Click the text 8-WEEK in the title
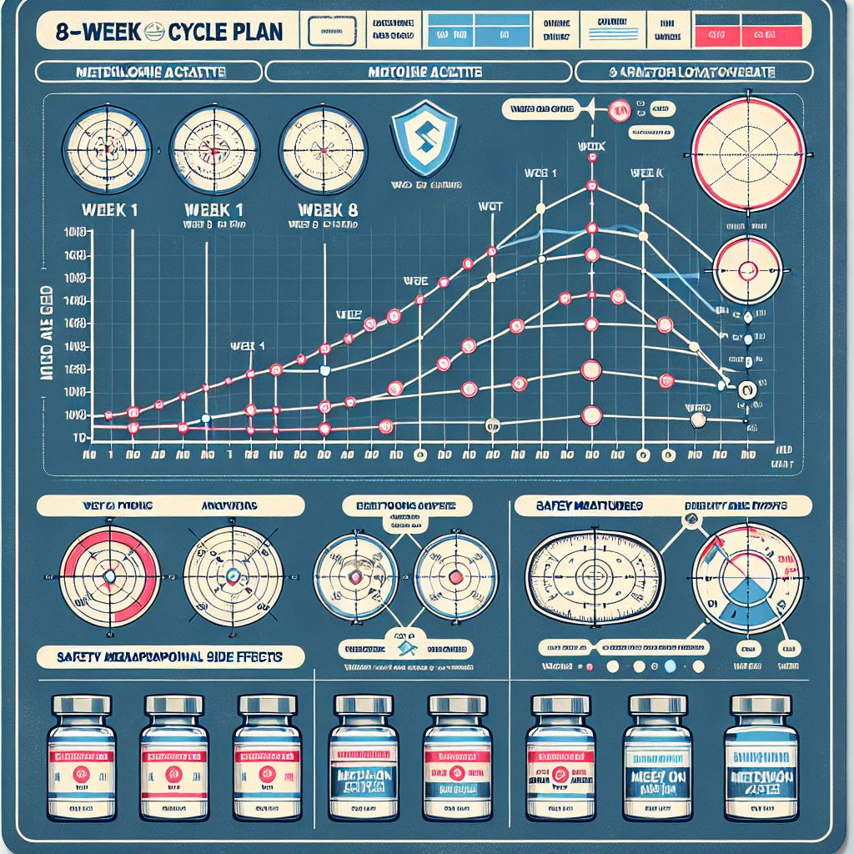pos(91,33)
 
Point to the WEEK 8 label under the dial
pos(323,209)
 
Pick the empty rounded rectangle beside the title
pos(332,33)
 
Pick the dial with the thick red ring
pos(108,576)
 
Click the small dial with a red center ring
pos(747,269)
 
